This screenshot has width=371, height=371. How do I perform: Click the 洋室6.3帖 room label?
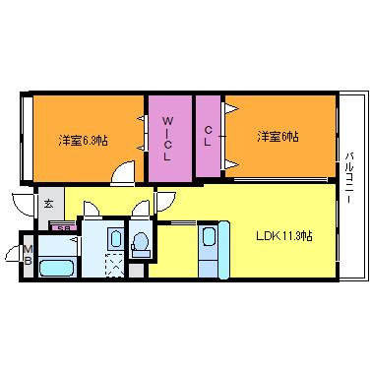[83, 140]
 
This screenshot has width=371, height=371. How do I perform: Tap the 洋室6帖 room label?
[278, 136]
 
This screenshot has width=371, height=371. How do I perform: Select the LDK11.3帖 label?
[284, 235]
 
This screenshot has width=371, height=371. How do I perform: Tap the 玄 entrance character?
[48, 204]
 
